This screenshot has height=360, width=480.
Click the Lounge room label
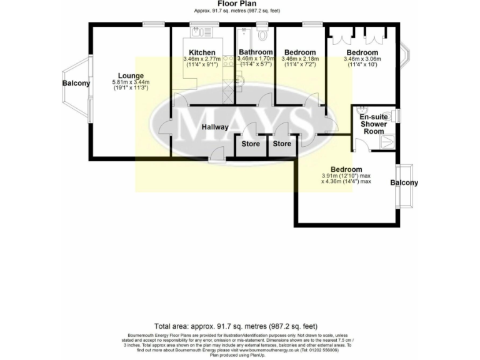click(x=131, y=76)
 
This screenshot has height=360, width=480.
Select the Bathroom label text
click(x=255, y=52)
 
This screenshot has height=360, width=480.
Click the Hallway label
click(x=214, y=127)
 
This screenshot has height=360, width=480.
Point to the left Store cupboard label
click(x=251, y=144)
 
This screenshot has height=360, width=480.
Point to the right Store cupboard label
click(x=282, y=144)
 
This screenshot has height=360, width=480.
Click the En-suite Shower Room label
click(x=374, y=124)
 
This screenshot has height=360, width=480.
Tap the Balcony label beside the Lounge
click(x=76, y=83)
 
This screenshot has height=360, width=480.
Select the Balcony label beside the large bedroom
click(x=404, y=182)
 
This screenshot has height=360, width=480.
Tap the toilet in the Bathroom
click(x=262, y=33)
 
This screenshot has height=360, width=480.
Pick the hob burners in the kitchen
click(x=227, y=61)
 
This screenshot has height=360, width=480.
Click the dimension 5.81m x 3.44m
click(x=131, y=82)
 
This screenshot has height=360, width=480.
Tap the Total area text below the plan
click(x=236, y=326)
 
